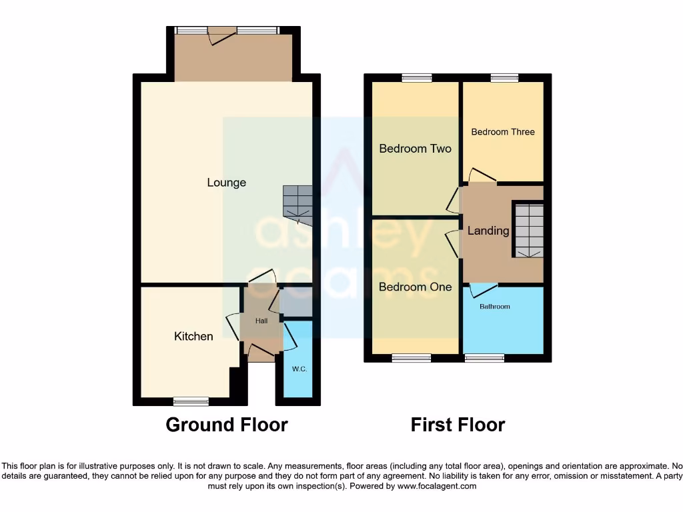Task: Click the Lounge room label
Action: [x=226, y=183]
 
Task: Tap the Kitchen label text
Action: [x=193, y=336]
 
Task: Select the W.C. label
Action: [x=299, y=369]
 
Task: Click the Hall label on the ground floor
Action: [x=261, y=321]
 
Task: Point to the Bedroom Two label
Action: [x=415, y=149]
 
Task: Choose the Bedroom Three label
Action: [x=503, y=132]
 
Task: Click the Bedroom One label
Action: [x=415, y=287]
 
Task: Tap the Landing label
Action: [x=488, y=231]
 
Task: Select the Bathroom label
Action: [x=495, y=307]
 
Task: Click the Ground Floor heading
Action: [x=227, y=425]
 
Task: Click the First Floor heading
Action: [x=458, y=425]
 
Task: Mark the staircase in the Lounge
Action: [x=297, y=201]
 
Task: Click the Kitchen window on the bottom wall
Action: [x=191, y=401]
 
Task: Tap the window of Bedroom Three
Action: [x=504, y=78]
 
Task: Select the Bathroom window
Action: [x=484, y=358]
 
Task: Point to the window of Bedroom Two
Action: [x=416, y=78]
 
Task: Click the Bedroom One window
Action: [x=411, y=358]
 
